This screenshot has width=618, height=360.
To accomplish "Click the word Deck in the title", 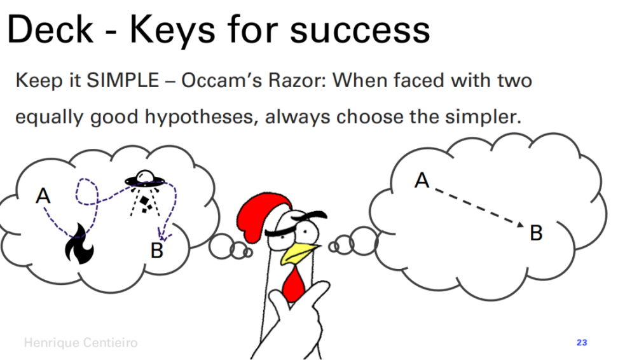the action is tap(50, 30).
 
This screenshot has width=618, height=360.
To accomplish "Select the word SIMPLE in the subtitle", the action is tap(123, 80).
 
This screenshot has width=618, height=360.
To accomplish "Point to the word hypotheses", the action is tap(202, 117).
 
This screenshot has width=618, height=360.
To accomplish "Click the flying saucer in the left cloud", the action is tap(145, 178).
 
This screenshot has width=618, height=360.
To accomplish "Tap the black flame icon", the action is tap(79, 243).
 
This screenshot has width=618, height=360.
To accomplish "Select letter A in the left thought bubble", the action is tap(43, 195).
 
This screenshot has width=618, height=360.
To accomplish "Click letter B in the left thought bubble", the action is tap(157, 250).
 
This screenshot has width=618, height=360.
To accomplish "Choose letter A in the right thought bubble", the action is tap(422, 180).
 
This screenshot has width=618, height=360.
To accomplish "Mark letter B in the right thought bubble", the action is tap(536, 233).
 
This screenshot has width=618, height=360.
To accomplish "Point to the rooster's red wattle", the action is tap(294, 282).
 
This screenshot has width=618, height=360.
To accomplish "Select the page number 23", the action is tap(582, 342).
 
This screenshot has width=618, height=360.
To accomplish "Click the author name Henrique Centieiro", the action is tap(80, 342).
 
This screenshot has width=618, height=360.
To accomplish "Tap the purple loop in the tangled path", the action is tap(86, 192).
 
